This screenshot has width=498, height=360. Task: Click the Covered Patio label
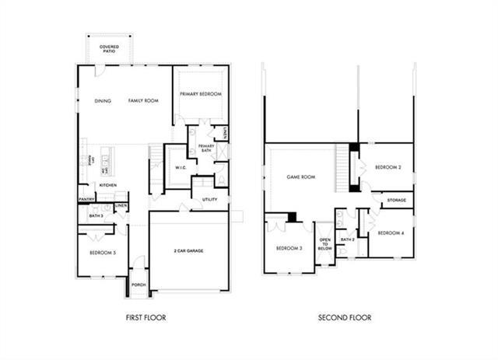tap(109, 48)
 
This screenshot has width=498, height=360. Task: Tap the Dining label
tap(102, 101)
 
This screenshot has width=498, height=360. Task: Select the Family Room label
tap(143, 101)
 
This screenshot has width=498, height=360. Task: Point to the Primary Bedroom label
tap(201, 94)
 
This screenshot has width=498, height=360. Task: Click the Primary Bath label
tap(206, 148)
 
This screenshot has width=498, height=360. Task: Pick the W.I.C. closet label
tap(180, 167)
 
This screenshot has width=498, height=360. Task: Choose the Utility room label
tap(209, 200)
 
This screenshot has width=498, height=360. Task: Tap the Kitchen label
tap(107, 185)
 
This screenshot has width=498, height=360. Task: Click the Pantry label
tap(86, 200)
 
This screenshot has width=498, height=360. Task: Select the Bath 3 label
tap(96, 215)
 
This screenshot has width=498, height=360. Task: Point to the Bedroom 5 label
tap(103, 253)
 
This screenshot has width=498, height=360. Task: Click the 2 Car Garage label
tap(190, 251)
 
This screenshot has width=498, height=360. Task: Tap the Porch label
tap(139, 285)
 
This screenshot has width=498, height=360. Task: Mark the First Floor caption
tap(146, 317)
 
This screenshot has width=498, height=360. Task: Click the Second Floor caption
tap(345, 317)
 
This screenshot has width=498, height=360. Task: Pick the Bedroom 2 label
tap(387, 167)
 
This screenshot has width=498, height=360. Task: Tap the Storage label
tap(397, 201)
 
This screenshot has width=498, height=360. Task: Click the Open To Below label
tap(324, 244)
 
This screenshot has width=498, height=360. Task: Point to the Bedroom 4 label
tap(390, 233)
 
